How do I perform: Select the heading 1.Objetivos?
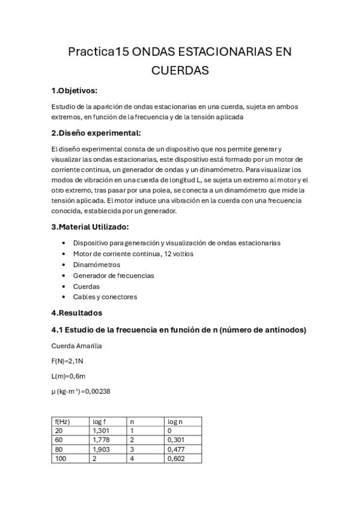coord(74,91)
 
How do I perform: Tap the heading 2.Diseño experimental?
coord(96,133)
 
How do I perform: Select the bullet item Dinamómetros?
coord(96,265)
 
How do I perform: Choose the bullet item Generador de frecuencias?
coord(113,275)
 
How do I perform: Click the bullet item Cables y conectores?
coord(105,297)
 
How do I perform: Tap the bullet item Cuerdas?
coord(86,286)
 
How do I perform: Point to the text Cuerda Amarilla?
coord(76,346)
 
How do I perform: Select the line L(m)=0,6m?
coord(68,376)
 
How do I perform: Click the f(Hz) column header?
coord(62,422)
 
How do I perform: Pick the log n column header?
coord(175,422)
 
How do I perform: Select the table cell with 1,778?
coord(100,440)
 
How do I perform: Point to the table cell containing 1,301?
coord(100,431)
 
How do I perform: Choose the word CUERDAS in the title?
coord(180,71)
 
